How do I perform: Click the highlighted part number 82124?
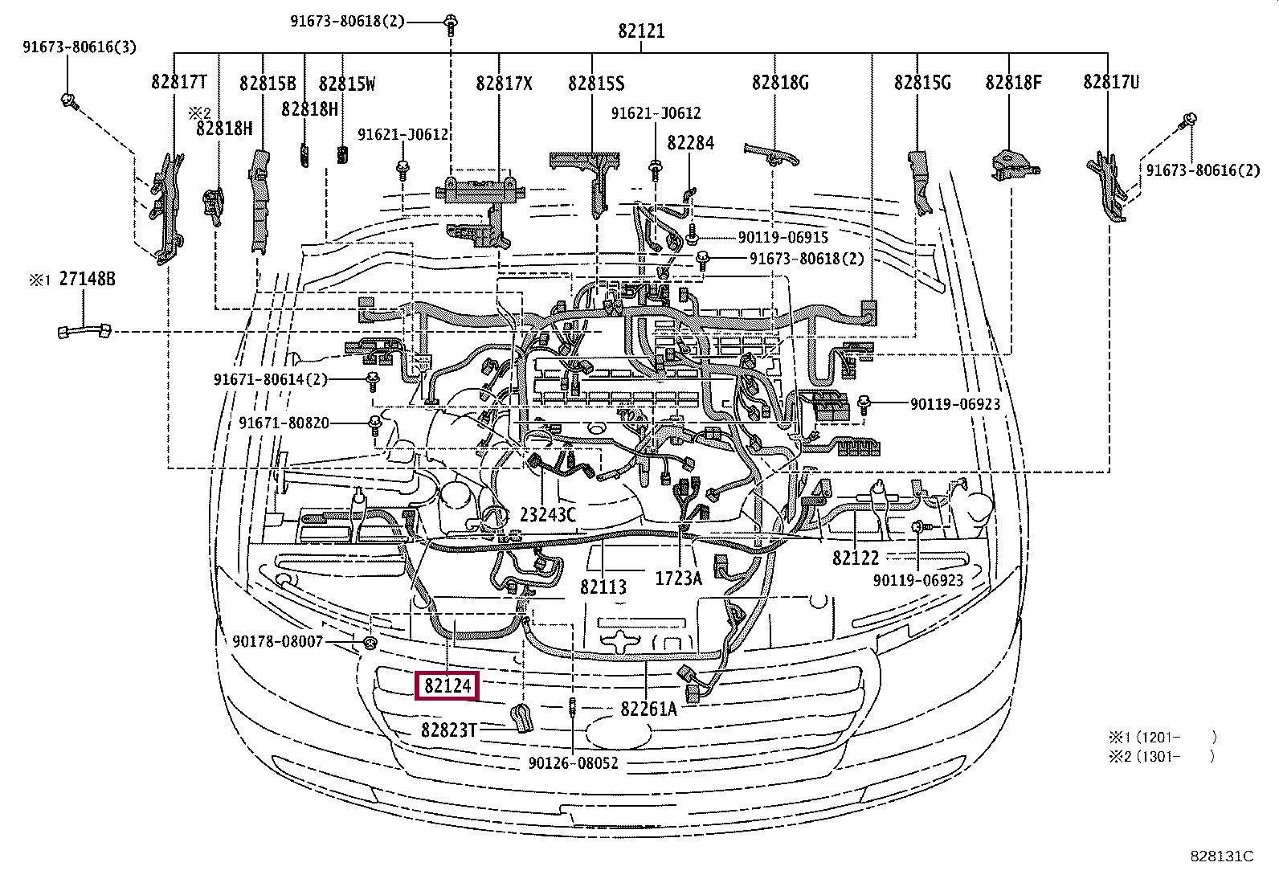coord(447,686)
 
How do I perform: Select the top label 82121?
coord(641,31)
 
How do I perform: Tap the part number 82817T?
coord(179,82)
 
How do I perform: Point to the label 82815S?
coord(596,83)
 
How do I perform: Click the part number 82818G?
coord(780,82)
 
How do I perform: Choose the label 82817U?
coord(1111,82)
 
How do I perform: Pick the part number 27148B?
coord(88,280)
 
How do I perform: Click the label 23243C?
coord(548,515)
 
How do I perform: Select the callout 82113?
coord(603,587)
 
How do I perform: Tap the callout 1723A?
coord(679,578)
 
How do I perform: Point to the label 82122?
coord(856,558)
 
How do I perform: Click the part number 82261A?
coord(648,709)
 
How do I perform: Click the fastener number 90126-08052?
coord(574,762)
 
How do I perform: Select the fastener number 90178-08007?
coord(278,641)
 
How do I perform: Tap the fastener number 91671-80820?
coord(284,423)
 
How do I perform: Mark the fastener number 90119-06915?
coord(783,238)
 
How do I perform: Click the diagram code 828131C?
coord(1221,856)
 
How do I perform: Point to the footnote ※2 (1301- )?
coord(1162,756)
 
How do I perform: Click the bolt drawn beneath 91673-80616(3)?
coord(68,101)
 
